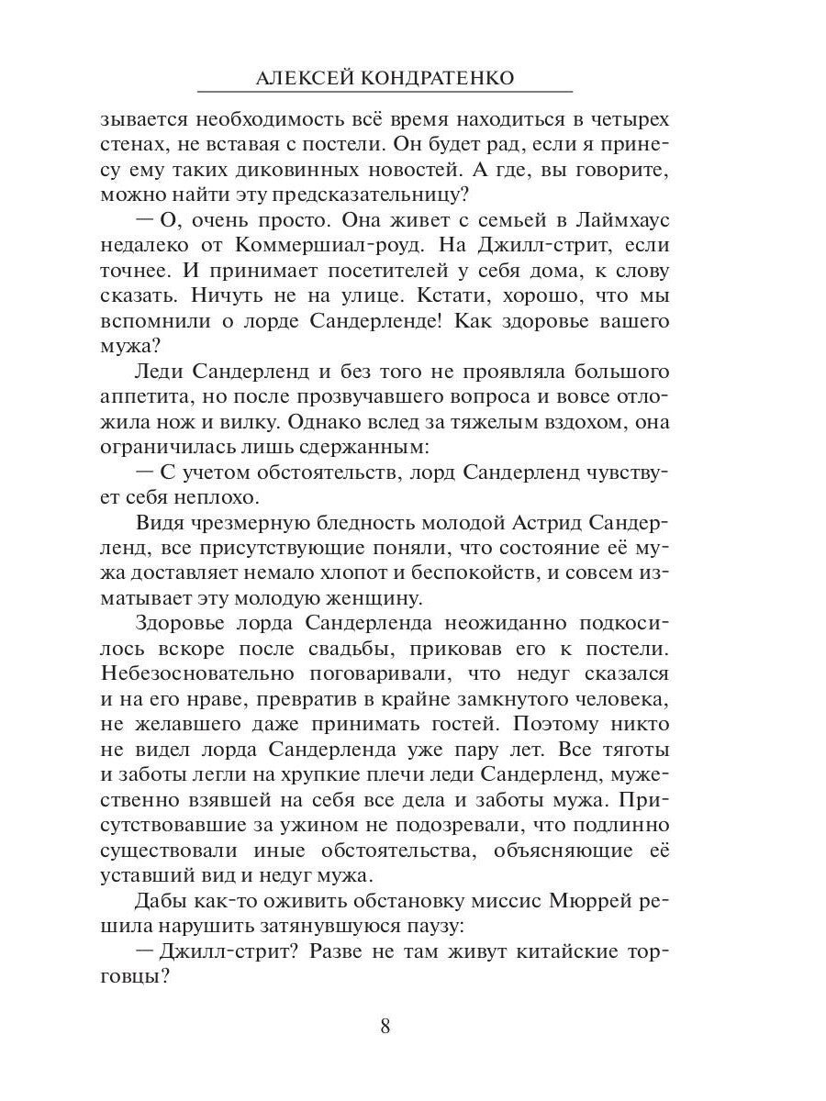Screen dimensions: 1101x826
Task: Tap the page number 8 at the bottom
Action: [x=385, y=1026]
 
